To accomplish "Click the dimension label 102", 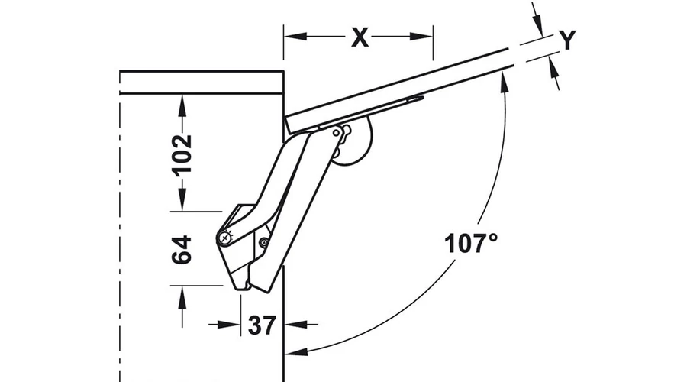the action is coord(182,154).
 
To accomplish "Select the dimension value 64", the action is coord(182,250).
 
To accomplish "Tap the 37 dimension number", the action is coord(263,325).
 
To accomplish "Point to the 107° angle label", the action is coord(471,244).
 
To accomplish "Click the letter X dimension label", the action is coord(360,37).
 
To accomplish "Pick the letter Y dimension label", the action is coord(567,40).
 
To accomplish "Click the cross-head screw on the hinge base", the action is coord(225,238).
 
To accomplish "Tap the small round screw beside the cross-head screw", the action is coord(264,241).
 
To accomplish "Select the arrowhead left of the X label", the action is coord(295,36).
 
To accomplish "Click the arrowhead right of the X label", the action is coord(422,36).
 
